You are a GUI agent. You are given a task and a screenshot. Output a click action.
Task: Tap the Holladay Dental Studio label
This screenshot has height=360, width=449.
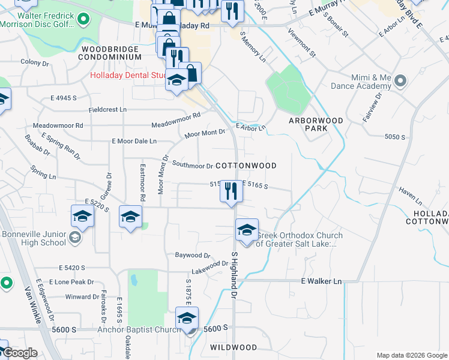point(128,76)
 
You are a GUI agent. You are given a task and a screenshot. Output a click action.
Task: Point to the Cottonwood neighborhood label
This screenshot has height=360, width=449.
point(246,166)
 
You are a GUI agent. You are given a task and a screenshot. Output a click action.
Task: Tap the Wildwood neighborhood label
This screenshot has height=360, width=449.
point(234,347)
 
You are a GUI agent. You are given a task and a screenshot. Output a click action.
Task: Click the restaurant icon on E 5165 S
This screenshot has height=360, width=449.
point(231,191)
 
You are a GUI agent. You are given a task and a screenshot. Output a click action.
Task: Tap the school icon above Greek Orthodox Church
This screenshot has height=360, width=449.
point(246,229)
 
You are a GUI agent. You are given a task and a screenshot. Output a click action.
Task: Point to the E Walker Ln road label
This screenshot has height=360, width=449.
point(321,281)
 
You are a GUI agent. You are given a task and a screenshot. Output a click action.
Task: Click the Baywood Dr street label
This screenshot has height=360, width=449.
point(193,255)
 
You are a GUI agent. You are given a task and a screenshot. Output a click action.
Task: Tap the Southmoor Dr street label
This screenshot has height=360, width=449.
point(192,165)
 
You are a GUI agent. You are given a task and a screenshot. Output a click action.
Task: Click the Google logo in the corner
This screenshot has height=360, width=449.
point(20,353)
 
